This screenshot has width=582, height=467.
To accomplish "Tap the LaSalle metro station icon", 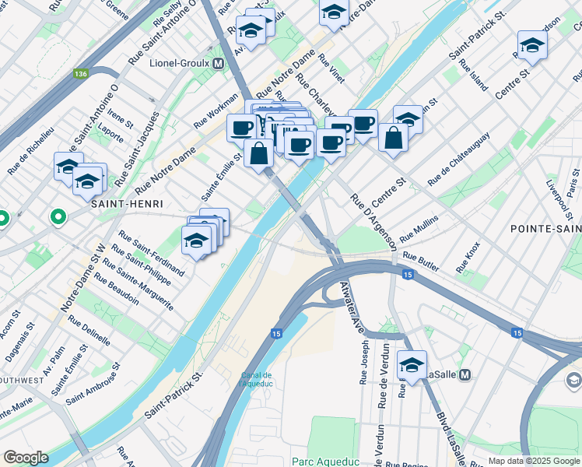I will (x=465, y=374).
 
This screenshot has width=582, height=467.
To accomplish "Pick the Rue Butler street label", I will (x=421, y=262).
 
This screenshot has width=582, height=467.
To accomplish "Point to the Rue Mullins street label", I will (x=419, y=228).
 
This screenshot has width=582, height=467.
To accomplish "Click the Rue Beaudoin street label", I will (x=117, y=289).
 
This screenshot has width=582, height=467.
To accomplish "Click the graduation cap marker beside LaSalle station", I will (x=412, y=363).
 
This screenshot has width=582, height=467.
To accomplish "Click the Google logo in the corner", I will (x=26, y=458).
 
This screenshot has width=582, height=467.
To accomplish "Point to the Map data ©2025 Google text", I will (x=533, y=461).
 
